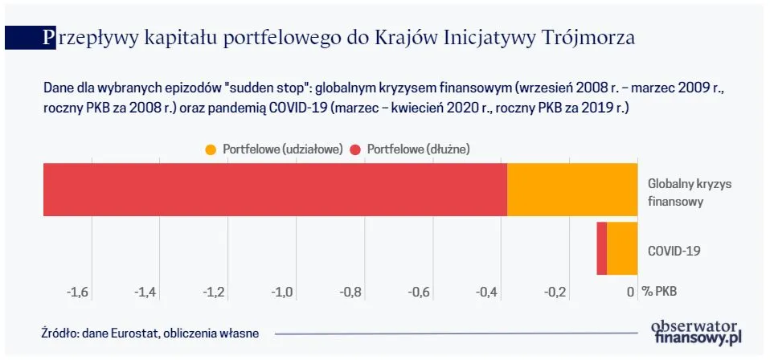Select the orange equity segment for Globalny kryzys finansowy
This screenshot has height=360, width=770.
pyautogui.click(x=571, y=190)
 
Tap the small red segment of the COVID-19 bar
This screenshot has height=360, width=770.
pyautogui.click(x=601, y=249)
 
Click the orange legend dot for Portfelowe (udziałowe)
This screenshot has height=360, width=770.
pyautogui.click(x=211, y=149)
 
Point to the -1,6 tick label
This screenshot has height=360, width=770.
pyautogui.click(x=78, y=292)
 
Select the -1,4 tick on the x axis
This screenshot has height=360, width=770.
pyautogui.click(x=146, y=292)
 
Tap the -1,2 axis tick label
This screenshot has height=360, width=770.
pyautogui.click(x=215, y=292)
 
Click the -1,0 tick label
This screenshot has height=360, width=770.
pyautogui.click(x=283, y=292)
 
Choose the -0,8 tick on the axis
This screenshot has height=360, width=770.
pyautogui.click(x=351, y=292)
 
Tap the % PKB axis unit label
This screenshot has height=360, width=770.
pyautogui.click(x=660, y=292)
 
